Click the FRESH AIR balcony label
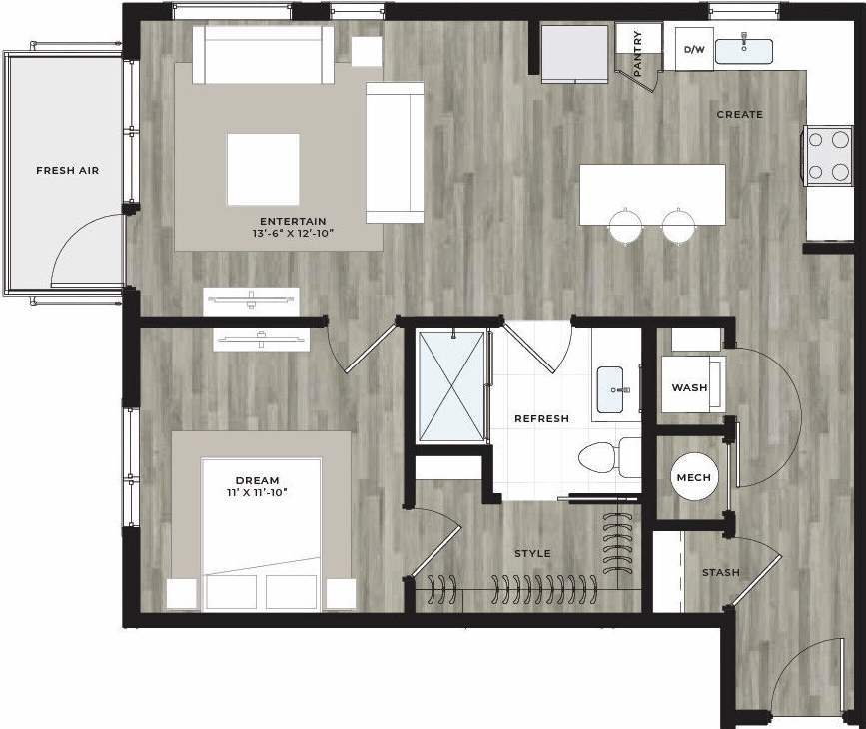coord(67,170)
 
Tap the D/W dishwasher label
coord(694,49)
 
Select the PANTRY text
coord(638,52)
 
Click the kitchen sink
coord(744,49)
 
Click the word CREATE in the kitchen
coord(739,115)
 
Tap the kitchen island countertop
coord(652,193)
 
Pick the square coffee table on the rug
coord(262,169)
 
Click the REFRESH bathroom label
coord(541,419)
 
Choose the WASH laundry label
coord(690,387)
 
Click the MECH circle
coord(693,478)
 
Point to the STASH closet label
coord(720,573)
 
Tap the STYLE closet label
coord(532,554)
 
